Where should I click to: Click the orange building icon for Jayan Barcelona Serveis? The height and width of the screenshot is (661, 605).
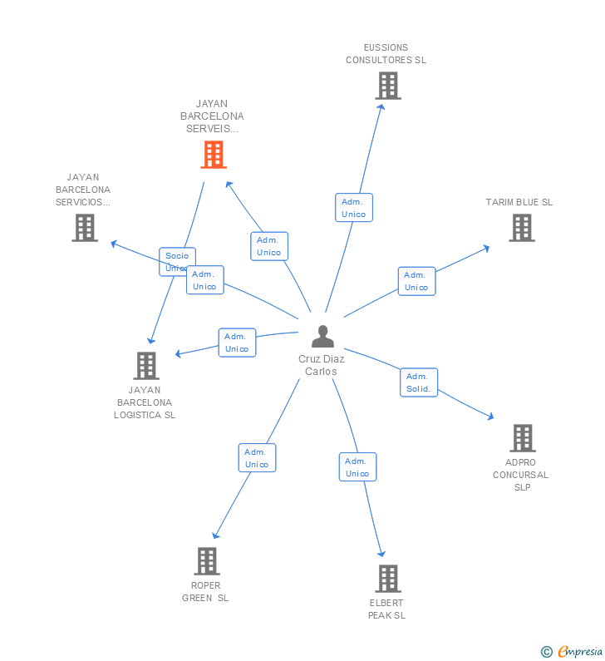pyautogui.click(x=214, y=155)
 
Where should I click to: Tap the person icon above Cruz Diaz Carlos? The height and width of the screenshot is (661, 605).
pyautogui.click(x=322, y=337)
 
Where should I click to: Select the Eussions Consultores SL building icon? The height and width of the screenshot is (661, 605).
pyautogui.click(x=387, y=86)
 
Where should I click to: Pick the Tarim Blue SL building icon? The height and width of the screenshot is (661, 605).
pyautogui.click(x=521, y=228)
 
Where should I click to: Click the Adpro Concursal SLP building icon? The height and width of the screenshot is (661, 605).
pyautogui.click(x=522, y=438)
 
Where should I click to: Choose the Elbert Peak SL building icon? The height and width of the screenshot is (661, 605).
pyautogui.click(x=387, y=579)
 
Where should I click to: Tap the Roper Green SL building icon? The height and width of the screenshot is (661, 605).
pyautogui.click(x=207, y=561)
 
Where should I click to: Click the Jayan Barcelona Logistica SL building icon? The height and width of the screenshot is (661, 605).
pyautogui.click(x=145, y=366)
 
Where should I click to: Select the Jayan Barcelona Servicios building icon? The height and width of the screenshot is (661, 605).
pyautogui.click(x=84, y=228)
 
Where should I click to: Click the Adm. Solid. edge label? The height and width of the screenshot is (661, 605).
pyautogui.click(x=418, y=382)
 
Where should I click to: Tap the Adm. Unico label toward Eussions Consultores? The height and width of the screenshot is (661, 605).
pyautogui.click(x=353, y=208)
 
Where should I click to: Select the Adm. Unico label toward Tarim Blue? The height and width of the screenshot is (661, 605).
pyautogui.click(x=416, y=281)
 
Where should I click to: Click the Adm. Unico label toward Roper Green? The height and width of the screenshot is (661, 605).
pyautogui.click(x=257, y=458)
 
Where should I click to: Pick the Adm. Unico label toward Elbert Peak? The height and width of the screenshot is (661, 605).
pyautogui.click(x=357, y=467)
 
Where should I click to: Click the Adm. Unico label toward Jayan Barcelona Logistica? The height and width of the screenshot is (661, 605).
pyautogui.click(x=237, y=343)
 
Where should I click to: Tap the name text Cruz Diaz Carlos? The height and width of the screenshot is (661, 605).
pyautogui.click(x=322, y=365)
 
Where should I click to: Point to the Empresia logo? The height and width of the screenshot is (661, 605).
pyautogui.click(x=573, y=652)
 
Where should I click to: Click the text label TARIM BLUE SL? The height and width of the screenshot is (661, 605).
pyautogui.click(x=519, y=202)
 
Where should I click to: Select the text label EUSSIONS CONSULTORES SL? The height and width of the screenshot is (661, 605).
pyautogui.click(x=386, y=54)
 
